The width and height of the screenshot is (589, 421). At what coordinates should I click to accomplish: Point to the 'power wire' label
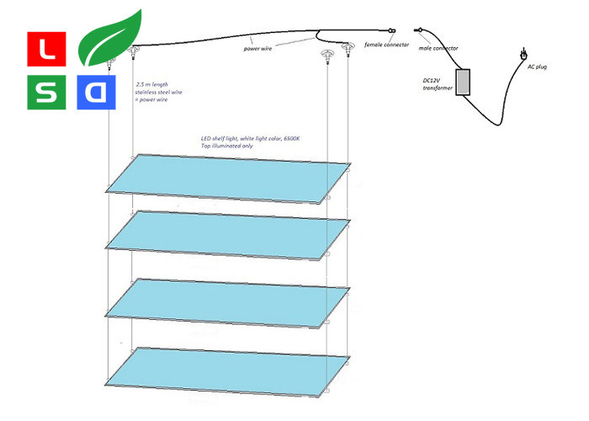tap(264, 50)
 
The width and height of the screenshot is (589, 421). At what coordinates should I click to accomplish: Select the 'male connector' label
tap(439, 49)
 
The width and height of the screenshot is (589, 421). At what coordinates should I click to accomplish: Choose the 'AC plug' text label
tap(536, 67)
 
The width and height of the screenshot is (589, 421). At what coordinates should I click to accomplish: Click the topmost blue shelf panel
tap(227, 179)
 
